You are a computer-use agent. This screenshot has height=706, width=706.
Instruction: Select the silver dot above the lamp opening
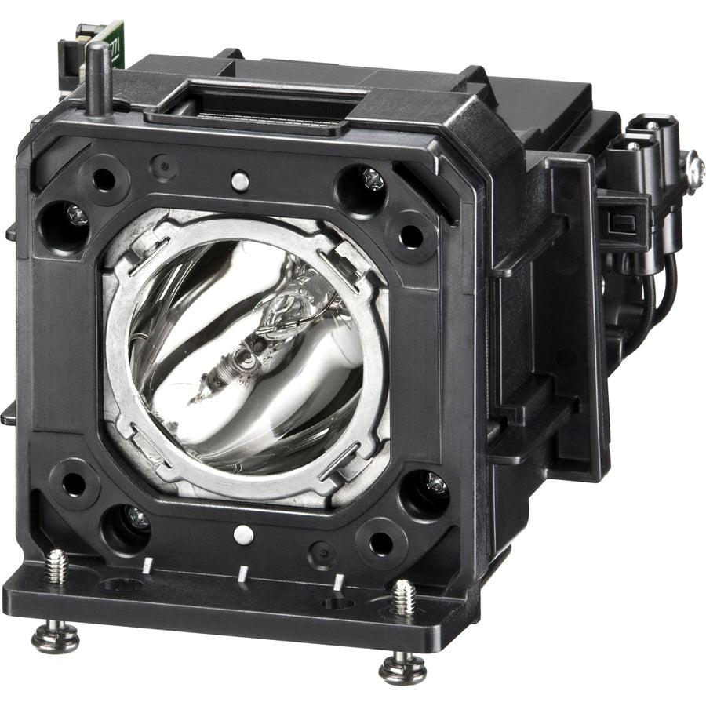(x=242, y=181)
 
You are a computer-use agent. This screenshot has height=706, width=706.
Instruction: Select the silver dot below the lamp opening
(x=243, y=535)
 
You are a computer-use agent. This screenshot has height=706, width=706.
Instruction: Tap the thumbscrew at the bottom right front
(x=402, y=669)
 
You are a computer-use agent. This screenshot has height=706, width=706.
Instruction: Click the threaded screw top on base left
(x=56, y=565)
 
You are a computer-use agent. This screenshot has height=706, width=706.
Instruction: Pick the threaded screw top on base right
(x=403, y=597)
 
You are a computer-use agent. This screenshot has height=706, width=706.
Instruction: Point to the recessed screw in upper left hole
(x=75, y=214)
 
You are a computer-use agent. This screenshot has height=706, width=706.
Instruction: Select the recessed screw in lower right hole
(x=435, y=485)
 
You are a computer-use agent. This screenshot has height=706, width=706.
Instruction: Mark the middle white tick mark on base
(x=242, y=573)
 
